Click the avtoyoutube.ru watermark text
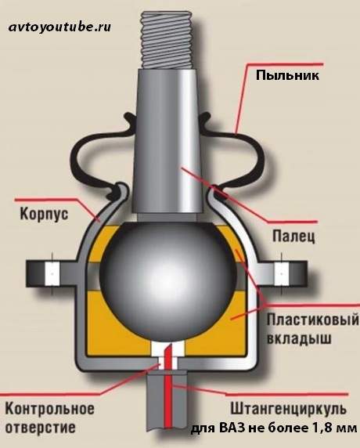point(59,27)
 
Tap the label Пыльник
point(287,76)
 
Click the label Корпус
point(45,214)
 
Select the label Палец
point(293,237)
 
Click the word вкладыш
point(299,339)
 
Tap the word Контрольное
point(49,409)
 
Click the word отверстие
point(41,428)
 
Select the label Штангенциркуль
point(289,409)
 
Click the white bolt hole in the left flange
point(52,274)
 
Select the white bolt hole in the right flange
point(282,274)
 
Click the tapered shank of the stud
point(167,143)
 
